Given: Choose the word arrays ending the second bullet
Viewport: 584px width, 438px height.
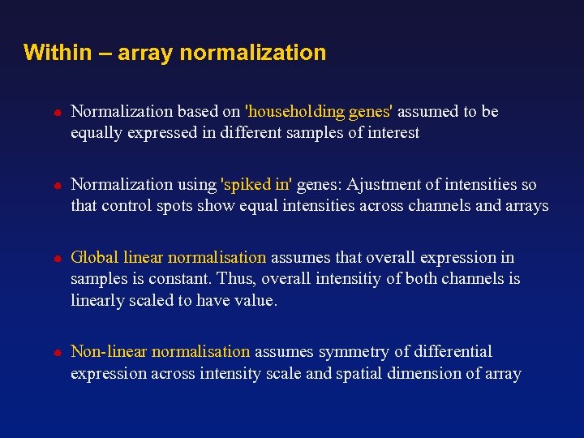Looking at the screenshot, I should point(526,205).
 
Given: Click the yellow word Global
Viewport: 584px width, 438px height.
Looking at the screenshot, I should point(95,257).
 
